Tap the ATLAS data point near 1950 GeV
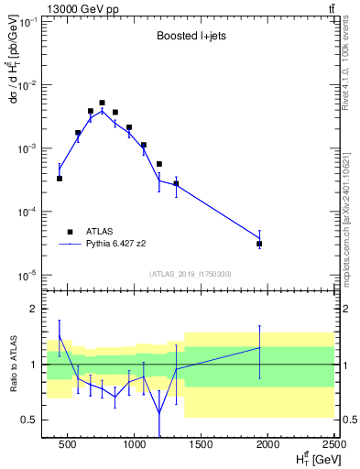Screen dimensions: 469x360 (x=259, y=244)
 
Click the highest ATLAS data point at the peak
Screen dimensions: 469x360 (x=102, y=103)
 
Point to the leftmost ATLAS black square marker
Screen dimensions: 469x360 (x=60, y=179)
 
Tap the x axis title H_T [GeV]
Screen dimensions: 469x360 (x=312, y=458)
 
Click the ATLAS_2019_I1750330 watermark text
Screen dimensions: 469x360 (x=190, y=274)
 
